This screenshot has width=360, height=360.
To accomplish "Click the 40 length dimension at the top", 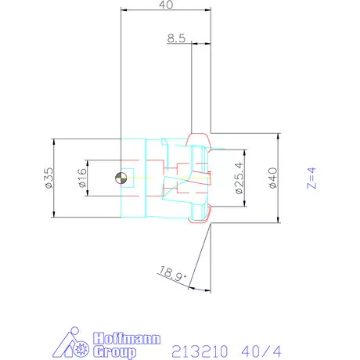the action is [166, 5].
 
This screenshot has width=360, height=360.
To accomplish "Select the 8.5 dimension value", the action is [176, 38].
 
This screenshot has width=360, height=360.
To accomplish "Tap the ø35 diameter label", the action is [49, 178].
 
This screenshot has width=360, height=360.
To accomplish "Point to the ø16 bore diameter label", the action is [82, 178].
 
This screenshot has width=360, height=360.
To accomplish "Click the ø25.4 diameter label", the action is [239, 178].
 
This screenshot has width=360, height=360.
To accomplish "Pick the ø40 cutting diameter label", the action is [273, 178].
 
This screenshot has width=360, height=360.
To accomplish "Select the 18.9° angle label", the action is [172, 274].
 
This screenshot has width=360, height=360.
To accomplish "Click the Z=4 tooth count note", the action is [311, 178].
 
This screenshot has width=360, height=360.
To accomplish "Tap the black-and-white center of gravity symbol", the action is [121, 178].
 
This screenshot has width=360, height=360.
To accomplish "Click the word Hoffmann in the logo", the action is [127, 339].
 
